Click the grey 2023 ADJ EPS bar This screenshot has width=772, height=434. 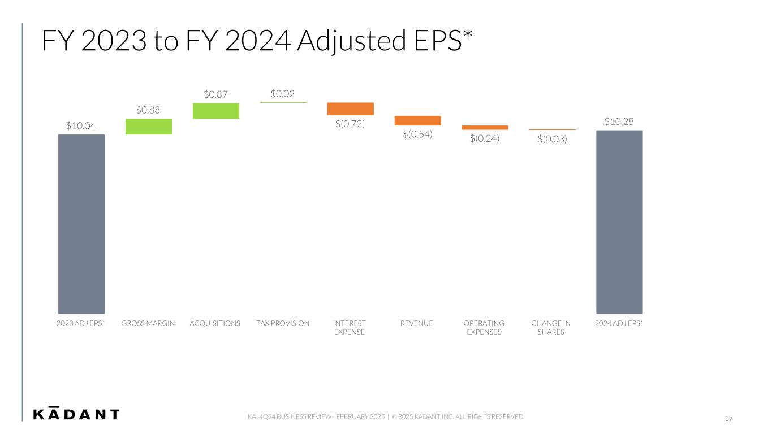click(81, 224)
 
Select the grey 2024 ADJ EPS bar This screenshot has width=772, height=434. click(619, 222)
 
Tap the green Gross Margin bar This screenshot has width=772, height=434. click(149, 127)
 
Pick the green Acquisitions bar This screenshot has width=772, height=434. click(216, 111)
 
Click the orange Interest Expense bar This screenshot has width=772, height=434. click(351, 109)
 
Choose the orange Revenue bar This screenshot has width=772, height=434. click(417, 120)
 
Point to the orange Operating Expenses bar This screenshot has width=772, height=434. click(485, 128)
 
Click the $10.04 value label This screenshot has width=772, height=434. click(81, 125)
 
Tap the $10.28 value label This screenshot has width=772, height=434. click(619, 121)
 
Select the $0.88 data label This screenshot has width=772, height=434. click(148, 110)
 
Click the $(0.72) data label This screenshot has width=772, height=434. click(350, 124)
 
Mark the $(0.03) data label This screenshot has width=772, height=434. click(552, 139)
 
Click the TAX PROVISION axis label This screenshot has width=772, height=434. click(283, 323)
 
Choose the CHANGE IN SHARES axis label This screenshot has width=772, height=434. click(551, 327)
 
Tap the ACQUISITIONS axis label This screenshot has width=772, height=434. click(215, 323)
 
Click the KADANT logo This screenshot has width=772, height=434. click(76, 414)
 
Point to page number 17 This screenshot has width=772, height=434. click(728, 419)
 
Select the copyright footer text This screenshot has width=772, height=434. click(386, 417)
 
